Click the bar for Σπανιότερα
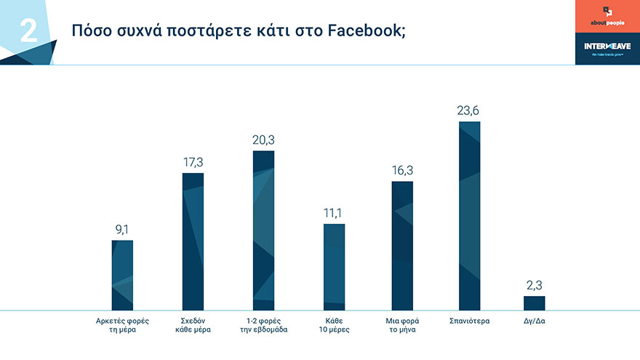(x=470, y=216)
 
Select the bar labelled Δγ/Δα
(x=534, y=303)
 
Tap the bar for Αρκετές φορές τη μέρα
(x=122, y=275)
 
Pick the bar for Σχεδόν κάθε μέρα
(x=193, y=241)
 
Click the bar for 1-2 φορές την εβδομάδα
(x=263, y=231)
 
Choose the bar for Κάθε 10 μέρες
(x=334, y=267)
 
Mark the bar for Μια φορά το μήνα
(x=402, y=246)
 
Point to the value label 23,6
(x=470, y=111)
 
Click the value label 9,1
(x=122, y=229)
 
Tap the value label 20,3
(x=263, y=140)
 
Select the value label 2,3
(x=534, y=285)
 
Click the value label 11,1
(x=334, y=213)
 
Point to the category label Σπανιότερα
(x=470, y=320)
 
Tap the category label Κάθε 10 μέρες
(x=334, y=324)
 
